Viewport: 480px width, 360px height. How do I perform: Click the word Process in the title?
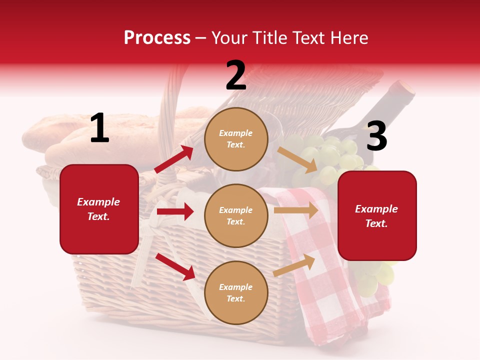[x=157, y=38]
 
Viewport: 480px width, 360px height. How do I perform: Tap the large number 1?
[x=99, y=128]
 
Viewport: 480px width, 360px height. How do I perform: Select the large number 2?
[x=236, y=75]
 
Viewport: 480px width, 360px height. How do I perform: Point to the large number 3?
[x=376, y=136]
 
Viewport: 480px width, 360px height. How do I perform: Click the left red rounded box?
[x=99, y=209]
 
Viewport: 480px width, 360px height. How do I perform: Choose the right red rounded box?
[x=377, y=215]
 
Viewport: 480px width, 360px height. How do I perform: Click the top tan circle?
[x=236, y=139]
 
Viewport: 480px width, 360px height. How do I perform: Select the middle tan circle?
[x=236, y=215]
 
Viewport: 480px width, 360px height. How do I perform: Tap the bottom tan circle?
[x=236, y=292]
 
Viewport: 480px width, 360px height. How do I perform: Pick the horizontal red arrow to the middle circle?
[x=175, y=211]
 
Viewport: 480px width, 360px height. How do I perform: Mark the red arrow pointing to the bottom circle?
[x=175, y=266]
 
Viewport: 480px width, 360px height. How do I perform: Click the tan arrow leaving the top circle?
[x=297, y=159]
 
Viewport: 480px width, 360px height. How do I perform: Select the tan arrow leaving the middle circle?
[x=296, y=210]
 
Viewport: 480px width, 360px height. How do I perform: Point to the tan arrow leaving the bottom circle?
[x=294, y=265]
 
